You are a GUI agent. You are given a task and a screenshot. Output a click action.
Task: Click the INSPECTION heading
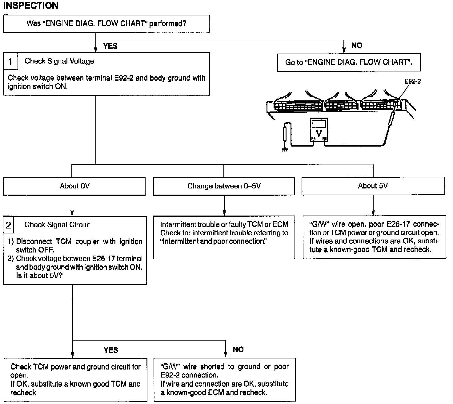31,5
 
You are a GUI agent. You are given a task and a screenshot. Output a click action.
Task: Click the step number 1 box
10,61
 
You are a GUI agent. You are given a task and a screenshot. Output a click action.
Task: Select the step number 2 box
9,225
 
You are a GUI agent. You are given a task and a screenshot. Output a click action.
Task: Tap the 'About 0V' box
74,186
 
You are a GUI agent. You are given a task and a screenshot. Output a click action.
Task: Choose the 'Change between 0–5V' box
224,186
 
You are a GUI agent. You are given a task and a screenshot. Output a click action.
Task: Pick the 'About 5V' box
373,186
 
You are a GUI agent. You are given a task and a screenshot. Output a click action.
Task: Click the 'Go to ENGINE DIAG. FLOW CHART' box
349,63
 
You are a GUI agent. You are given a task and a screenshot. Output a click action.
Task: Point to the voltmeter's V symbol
319,134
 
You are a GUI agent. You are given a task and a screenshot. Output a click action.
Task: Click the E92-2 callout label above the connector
412,81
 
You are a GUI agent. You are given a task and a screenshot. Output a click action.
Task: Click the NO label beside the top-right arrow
357,45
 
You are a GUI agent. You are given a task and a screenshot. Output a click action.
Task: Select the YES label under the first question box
110,46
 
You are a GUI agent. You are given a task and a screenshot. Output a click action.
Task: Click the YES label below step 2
111,350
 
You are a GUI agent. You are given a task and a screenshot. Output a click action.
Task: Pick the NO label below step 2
238,349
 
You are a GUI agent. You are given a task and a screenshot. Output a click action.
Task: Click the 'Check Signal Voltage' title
59,61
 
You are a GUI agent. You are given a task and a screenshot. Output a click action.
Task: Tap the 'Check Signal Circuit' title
57,224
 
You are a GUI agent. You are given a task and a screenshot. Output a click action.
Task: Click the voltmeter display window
319,124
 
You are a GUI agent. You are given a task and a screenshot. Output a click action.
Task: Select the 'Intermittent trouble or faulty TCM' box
224,237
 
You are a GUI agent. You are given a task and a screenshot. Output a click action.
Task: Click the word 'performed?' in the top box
168,24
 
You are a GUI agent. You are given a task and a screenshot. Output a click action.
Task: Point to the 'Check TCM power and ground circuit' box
75,380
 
